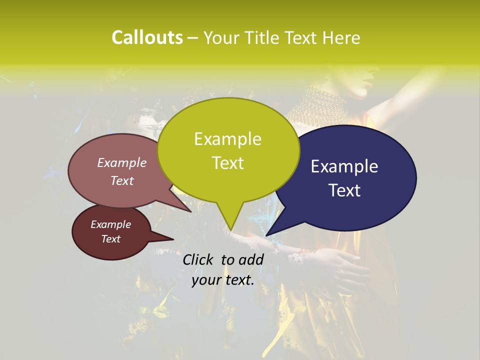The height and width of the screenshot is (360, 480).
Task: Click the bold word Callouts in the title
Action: click(x=147, y=37)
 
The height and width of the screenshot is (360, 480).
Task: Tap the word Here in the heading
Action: click(x=342, y=37)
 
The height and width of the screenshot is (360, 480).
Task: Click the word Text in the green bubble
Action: click(x=227, y=162)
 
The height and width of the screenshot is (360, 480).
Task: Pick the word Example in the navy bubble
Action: click(x=344, y=166)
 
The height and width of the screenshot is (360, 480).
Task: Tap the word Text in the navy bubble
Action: click(x=344, y=190)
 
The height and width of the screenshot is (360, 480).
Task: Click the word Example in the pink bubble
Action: click(x=122, y=162)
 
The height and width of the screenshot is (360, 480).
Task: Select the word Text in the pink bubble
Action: click(x=122, y=180)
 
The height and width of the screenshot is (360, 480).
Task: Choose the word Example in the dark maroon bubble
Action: click(x=111, y=224)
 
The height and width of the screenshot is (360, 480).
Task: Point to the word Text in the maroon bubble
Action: click(x=111, y=239)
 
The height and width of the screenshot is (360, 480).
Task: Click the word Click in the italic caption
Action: click(x=198, y=259)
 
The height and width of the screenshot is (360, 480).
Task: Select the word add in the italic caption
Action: click(x=251, y=259)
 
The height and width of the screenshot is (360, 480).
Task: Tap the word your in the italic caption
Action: click(x=205, y=280)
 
